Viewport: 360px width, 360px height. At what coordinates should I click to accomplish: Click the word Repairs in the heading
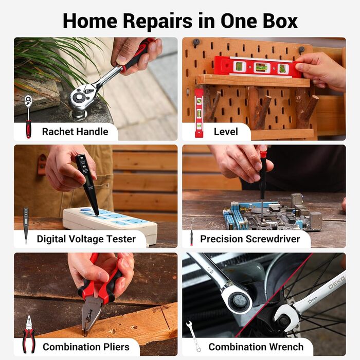click(x=157, y=22)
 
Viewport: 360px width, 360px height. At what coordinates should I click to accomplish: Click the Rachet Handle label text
click(x=75, y=132)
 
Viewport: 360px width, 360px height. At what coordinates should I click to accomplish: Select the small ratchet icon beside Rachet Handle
click(x=28, y=117)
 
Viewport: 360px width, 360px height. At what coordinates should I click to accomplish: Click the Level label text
click(x=226, y=132)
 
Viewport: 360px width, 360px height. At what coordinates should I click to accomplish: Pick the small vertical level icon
click(x=199, y=113)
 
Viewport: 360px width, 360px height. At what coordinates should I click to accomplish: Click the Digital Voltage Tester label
click(x=86, y=239)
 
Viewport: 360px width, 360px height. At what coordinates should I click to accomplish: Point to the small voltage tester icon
click(x=26, y=225)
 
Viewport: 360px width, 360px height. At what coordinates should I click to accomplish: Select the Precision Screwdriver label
click(x=250, y=239)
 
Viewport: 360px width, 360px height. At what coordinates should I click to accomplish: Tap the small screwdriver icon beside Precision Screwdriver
click(x=191, y=234)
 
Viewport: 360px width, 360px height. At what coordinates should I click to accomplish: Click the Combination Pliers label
click(x=86, y=347)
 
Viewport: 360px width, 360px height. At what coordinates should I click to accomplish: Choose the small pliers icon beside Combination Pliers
click(x=29, y=334)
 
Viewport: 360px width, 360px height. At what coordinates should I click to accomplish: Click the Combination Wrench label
click(x=256, y=347)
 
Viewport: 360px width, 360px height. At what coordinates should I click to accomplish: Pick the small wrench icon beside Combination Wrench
click(x=193, y=336)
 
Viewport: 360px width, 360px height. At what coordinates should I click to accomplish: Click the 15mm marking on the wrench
click(x=312, y=300)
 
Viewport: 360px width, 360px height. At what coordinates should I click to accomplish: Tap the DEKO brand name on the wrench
click(x=337, y=283)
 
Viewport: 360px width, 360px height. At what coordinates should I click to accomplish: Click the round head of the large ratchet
click(x=79, y=98)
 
